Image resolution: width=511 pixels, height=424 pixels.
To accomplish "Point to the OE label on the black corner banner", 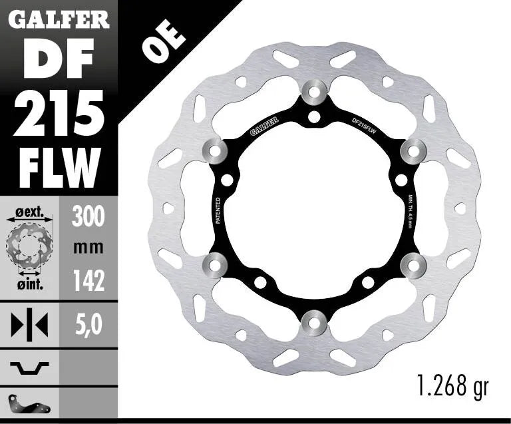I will tap(155, 46).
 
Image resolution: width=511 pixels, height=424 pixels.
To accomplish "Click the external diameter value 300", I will tap(88, 216).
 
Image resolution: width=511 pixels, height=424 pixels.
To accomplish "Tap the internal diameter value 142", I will tap(88, 282).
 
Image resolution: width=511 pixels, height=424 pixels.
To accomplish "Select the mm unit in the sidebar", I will tap(88, 248).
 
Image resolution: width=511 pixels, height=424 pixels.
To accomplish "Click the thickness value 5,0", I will tap(88, 325).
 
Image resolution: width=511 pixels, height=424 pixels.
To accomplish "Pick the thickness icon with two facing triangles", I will tap(30, 325).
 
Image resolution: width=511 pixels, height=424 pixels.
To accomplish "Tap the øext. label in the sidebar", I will tap(29, 214).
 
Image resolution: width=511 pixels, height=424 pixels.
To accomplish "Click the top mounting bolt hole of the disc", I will tap(314, 91).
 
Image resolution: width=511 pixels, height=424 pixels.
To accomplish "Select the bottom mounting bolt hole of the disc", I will tap(314, 323).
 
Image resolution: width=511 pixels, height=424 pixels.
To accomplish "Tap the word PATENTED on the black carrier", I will tap(219, 212).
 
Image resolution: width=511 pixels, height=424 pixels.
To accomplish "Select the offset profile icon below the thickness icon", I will tap(30, 366).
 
